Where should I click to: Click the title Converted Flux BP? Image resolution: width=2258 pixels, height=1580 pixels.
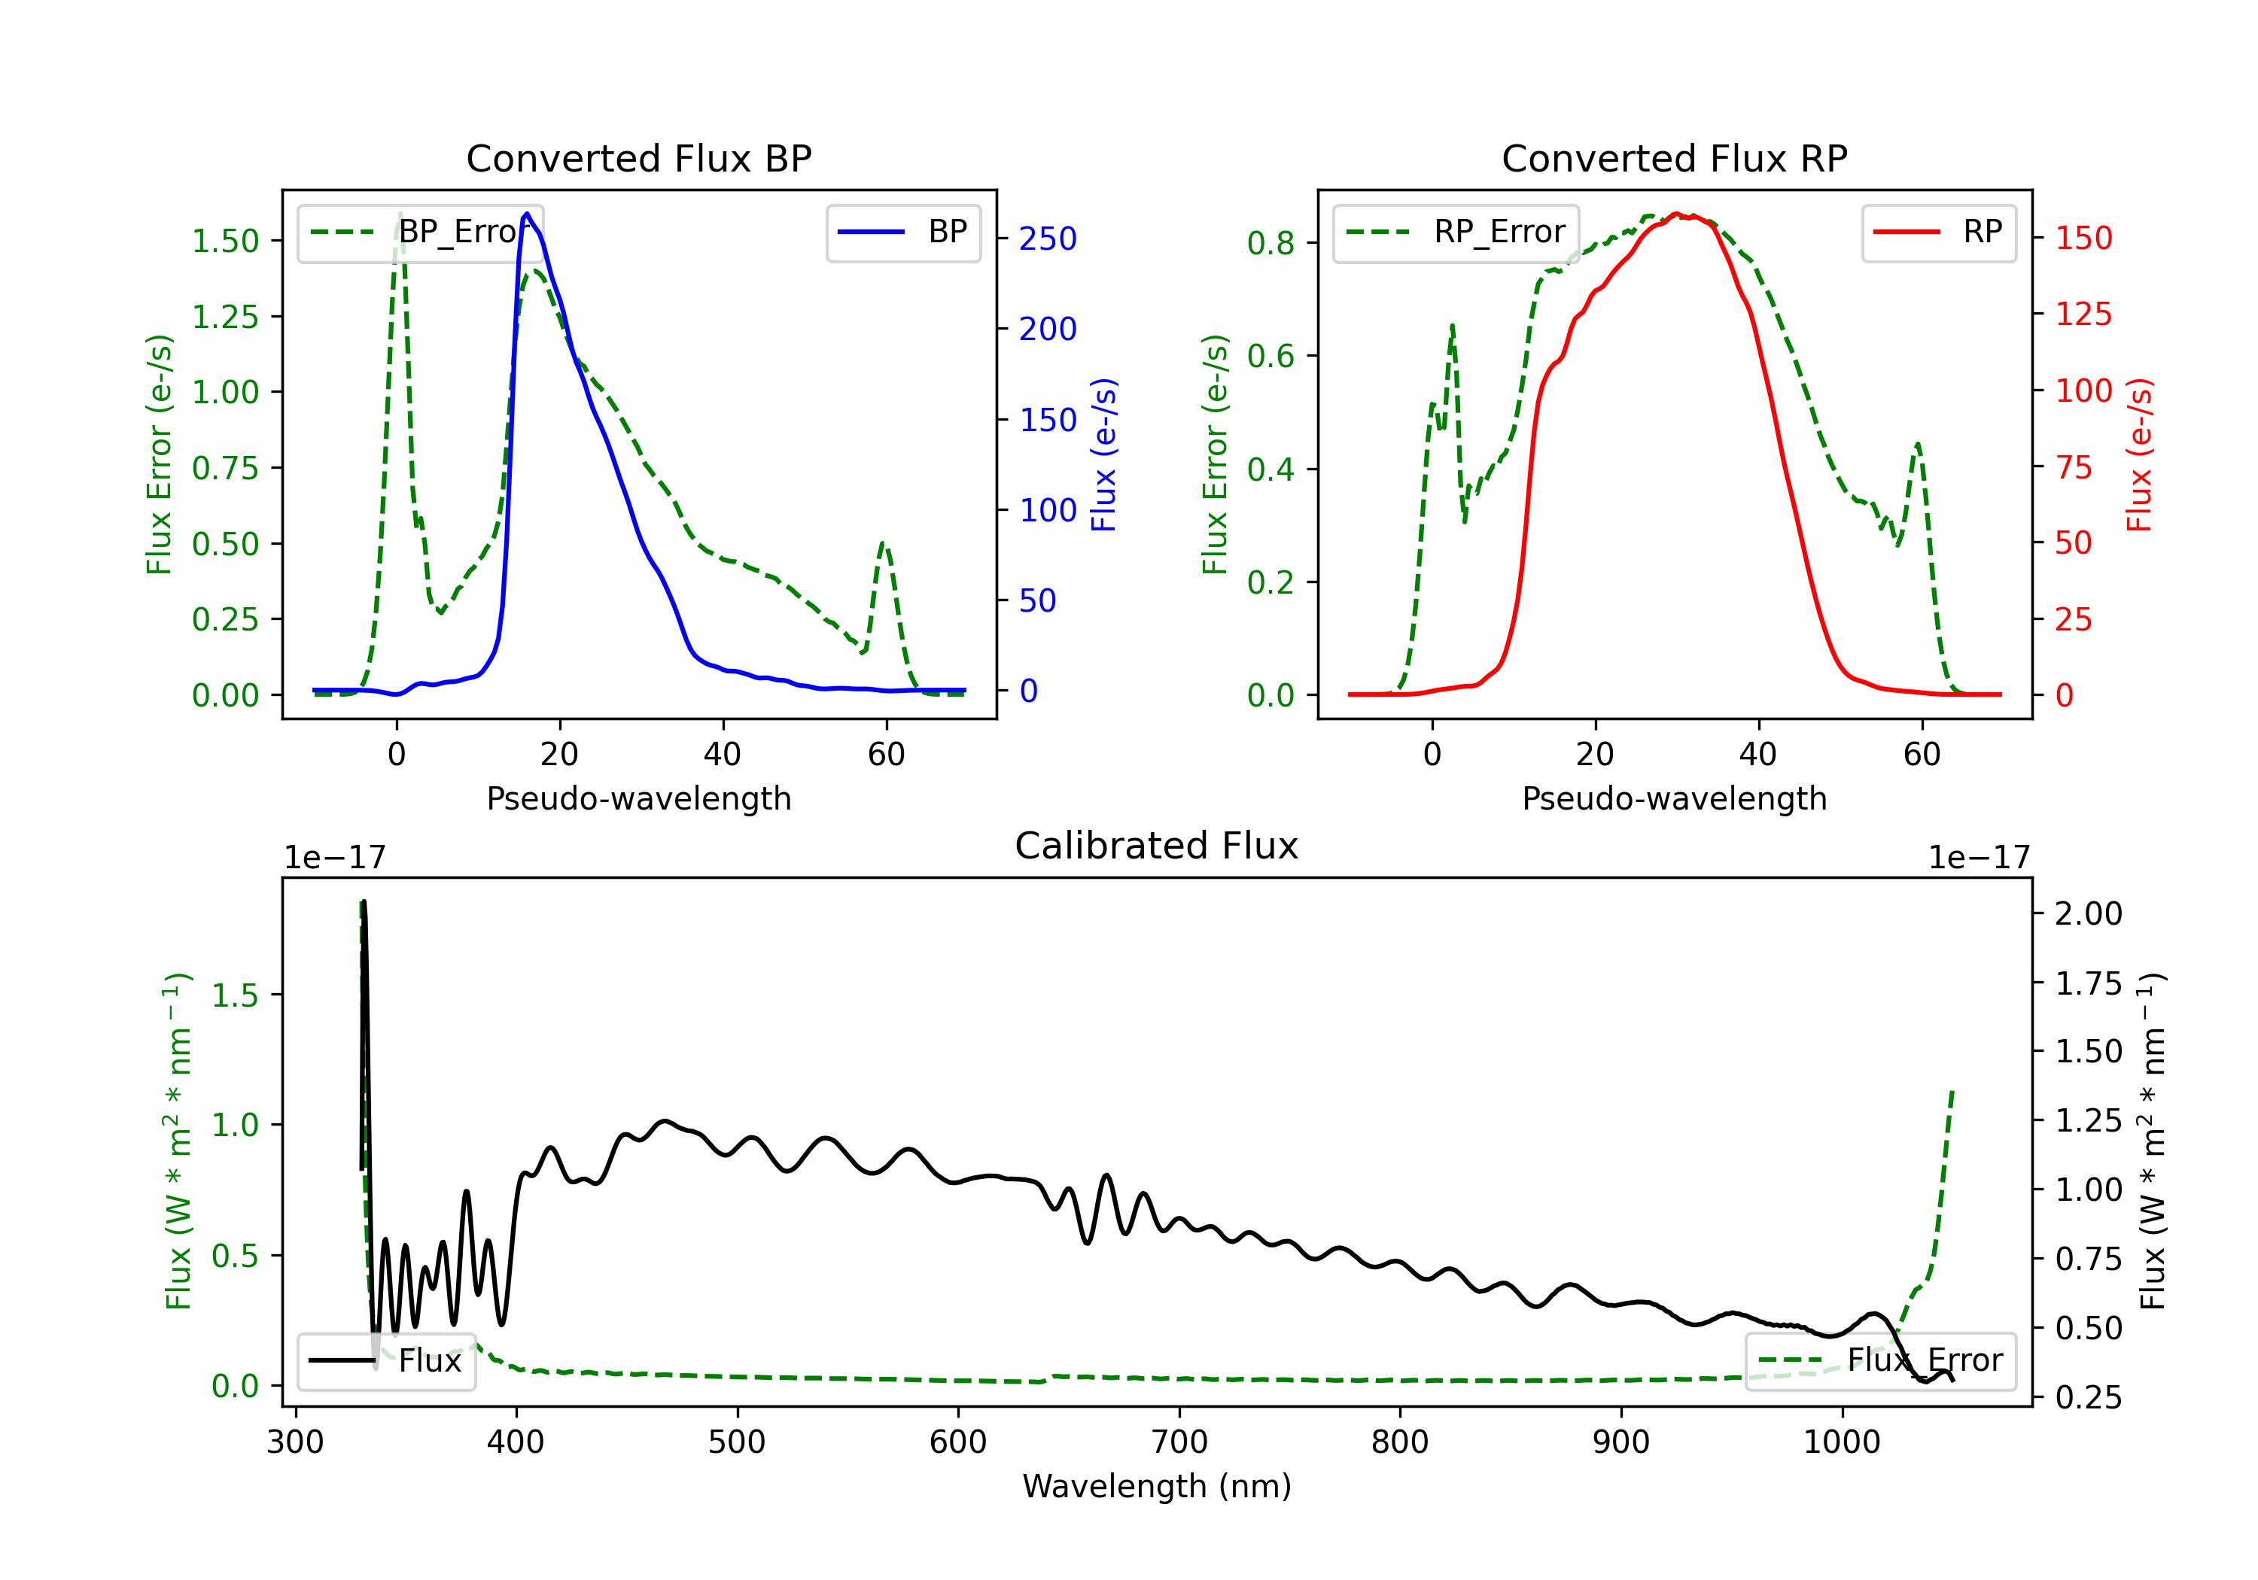[638, 158]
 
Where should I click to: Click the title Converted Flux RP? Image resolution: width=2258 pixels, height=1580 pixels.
[1674, 158]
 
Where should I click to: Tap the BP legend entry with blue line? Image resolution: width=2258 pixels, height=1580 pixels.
[902, 232]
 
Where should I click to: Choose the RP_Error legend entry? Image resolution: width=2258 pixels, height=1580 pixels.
[1456, 232]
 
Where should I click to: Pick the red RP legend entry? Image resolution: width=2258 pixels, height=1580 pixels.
[1937, 232]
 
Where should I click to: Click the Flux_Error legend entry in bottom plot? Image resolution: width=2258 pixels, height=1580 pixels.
[1879, 1361]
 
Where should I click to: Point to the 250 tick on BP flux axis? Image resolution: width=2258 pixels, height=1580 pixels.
[1048, 239]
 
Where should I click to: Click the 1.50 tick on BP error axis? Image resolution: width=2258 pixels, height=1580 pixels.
[225, 241]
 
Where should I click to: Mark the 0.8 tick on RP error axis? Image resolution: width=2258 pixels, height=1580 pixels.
[1271, 243]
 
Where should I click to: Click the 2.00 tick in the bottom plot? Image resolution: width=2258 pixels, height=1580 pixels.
[2089, 913]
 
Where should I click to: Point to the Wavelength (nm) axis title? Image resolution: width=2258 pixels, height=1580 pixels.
[1157, 1486]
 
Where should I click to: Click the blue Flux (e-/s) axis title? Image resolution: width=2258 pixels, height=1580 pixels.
[1103, 454]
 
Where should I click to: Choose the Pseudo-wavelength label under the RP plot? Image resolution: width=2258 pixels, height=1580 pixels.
[1674, 798]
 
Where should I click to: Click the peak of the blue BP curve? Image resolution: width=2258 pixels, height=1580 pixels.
[527, 214]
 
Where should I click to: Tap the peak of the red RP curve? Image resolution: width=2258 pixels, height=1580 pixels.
[1675, 214]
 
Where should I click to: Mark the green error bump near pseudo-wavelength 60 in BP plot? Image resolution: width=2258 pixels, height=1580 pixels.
[883, 544]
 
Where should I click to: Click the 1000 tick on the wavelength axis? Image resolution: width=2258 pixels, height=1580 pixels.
[1841, 1442]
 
